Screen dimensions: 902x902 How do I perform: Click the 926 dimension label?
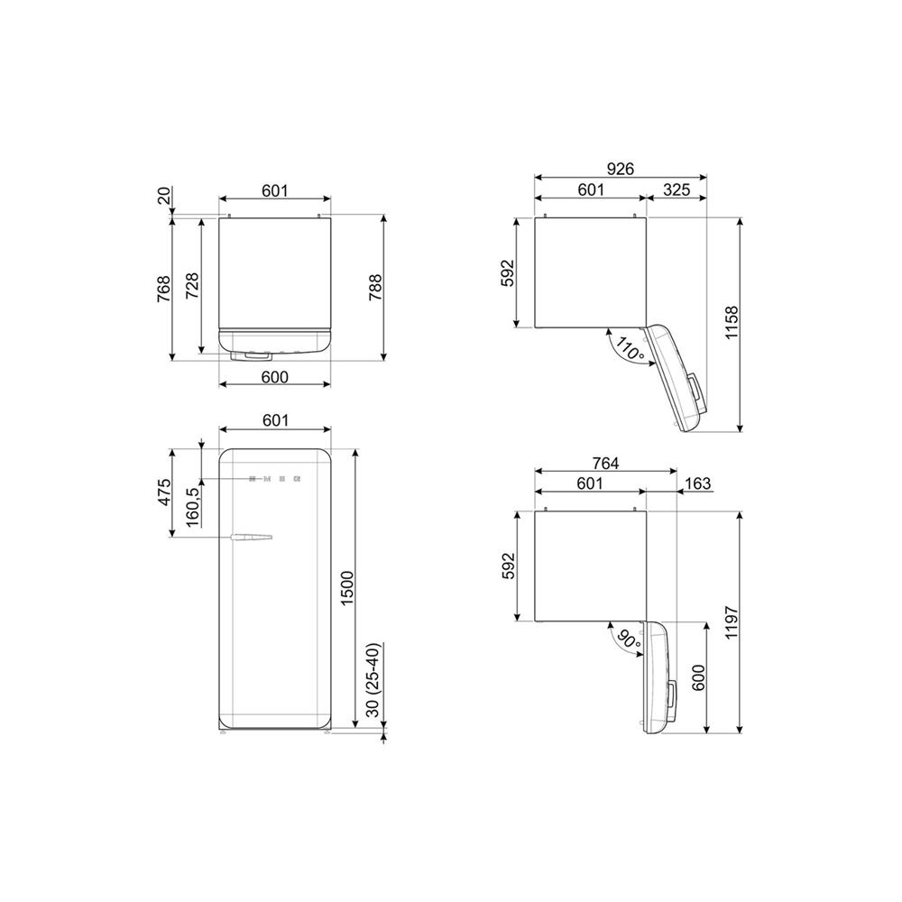point(621,169)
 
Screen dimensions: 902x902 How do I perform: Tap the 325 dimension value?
point(676,189)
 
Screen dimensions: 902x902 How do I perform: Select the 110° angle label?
point(630,349)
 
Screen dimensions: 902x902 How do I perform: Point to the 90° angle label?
point(628,640)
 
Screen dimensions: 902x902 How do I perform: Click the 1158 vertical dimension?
point(731,323)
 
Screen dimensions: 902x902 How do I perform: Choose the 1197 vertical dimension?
point(731,622)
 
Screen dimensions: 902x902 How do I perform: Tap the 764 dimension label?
point(605,463)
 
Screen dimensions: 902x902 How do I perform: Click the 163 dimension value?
point(698,483)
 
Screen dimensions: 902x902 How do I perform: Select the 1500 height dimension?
point(347,588)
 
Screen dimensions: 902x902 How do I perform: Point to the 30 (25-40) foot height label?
point(374,680)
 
